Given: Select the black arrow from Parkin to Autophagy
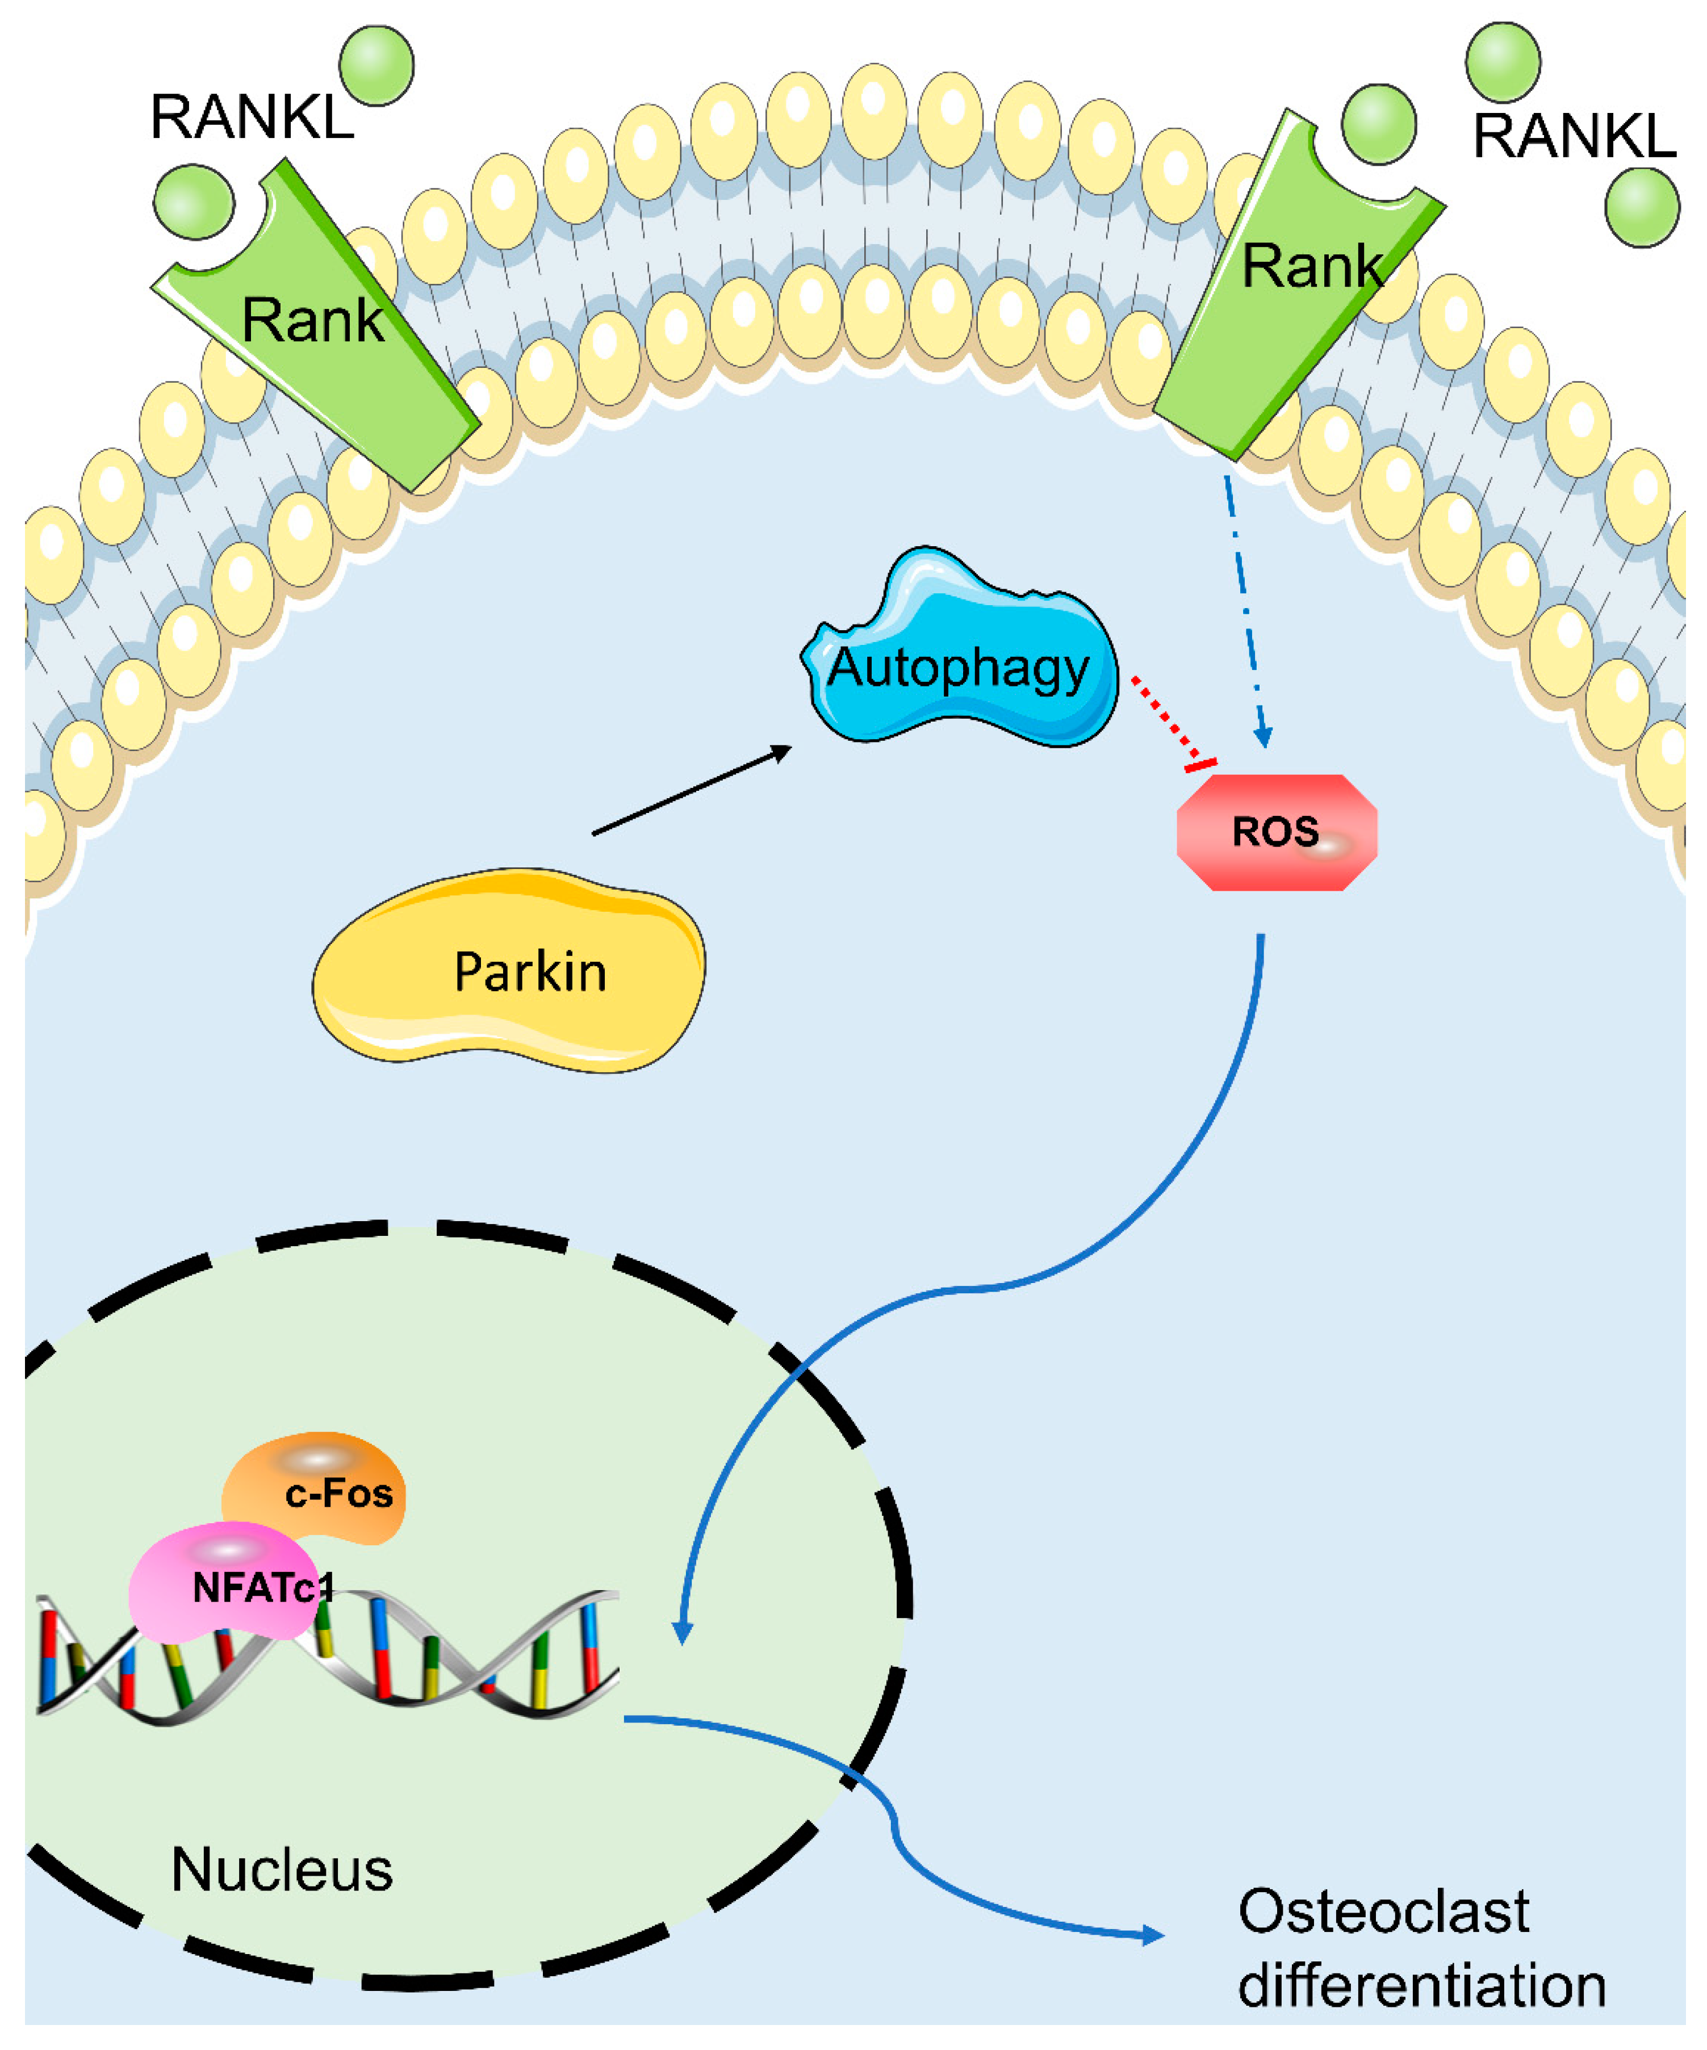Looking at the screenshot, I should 692,791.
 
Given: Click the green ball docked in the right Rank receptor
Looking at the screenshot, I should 1378,123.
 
